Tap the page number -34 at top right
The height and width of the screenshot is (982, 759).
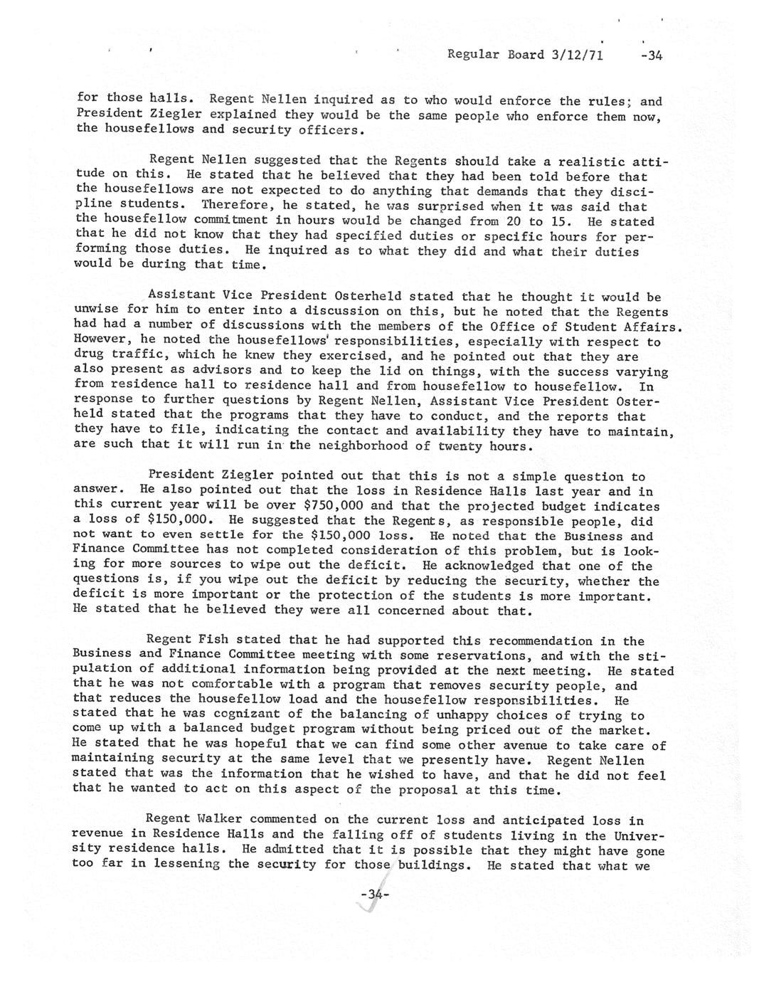click(651, 55)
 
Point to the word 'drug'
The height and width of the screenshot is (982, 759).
click(88, 356)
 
